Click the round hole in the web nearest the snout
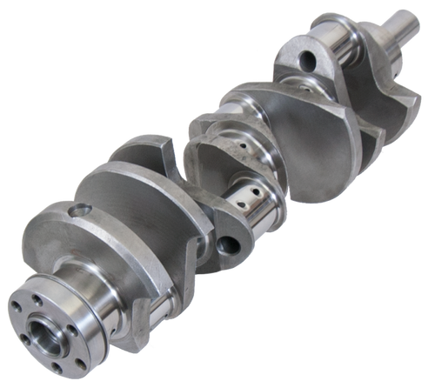point(306,60)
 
